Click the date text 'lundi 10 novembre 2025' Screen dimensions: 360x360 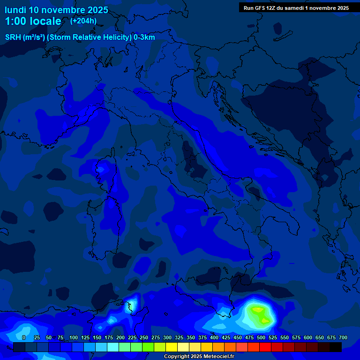click(x=56, y=10)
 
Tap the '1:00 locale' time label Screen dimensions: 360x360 click(x=33, y=21)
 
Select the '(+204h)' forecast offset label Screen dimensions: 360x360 click(x=83, y=21)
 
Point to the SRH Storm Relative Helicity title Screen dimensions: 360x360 click(x=80, y=37)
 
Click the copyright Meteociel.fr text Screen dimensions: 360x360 click(x=198, y=357)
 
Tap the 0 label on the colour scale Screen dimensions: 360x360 click(x=24, y=338)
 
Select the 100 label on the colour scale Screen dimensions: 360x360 click(x=74, y=338)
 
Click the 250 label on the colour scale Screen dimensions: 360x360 click(x=144, y=338)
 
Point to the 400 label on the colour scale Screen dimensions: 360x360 click(x=214, y=338)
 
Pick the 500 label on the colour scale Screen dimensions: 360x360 click(x=261, y=338)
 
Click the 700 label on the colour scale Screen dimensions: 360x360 click(x=343, y=338)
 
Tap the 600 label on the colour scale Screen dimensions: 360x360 click(x=308, y=338)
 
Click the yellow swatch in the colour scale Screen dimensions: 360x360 click(x=172, y=347)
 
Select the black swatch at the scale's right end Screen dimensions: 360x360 click(x=336, y=347)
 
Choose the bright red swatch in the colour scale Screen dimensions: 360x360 click(x=265, y=347)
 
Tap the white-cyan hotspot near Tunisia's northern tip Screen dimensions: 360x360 click(x=131, y=305)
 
